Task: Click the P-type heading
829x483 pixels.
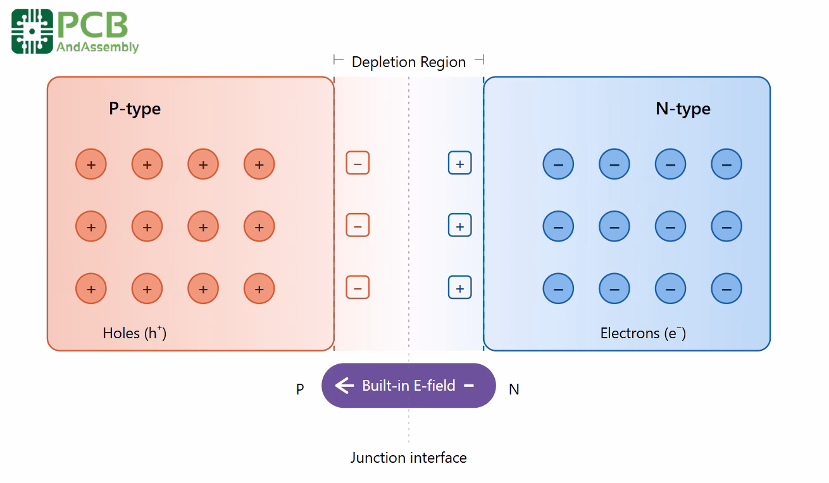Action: tap(135, 109)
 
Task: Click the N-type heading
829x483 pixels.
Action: tap(683, 109)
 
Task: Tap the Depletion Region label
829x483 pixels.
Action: tap(409, 62)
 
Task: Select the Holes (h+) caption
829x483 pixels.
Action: tap(135, 333)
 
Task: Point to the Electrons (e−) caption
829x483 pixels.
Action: tap(643, 333)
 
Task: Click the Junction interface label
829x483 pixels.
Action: tap(409, 458)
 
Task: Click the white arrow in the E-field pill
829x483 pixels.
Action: tap(344, 386)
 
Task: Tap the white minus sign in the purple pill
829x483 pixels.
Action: tap(469, 385)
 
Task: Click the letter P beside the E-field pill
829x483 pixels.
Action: tap(300, 389)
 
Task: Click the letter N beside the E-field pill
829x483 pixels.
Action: tap(514, 389)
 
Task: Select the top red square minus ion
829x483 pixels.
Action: tap(358, 164)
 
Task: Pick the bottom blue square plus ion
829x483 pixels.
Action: tap(460, 288)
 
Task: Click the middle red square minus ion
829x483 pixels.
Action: tap(358, 226)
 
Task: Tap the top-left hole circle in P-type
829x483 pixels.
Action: tap(91, 164)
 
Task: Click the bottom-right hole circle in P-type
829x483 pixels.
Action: tap(259, 289)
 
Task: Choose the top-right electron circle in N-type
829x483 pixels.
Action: tap(726, 164)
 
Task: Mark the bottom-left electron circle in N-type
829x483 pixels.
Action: tap(558, 289)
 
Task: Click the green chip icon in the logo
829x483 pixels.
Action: tap(32, 31)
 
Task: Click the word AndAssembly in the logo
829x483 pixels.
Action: tap(97, 47)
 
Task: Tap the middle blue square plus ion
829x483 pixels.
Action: tap(460, 226)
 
